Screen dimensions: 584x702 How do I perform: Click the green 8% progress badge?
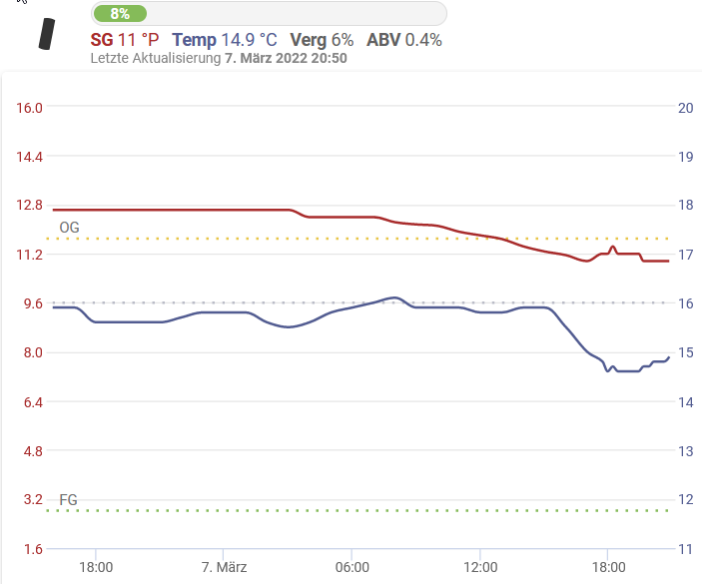click(x=120, y=14)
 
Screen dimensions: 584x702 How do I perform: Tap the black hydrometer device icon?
click(x=44, y=34)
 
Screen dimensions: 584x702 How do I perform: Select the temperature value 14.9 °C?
click(x=248, y=40)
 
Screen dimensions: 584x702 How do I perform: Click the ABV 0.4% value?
click(x=420, y=40)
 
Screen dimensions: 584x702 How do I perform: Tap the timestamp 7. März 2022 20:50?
click(x=286, y=59)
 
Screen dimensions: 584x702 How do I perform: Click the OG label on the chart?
click(x=69, y=228)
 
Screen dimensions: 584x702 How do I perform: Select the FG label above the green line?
click(x=69, y=499)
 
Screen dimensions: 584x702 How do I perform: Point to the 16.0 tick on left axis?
click(x=26, y=108)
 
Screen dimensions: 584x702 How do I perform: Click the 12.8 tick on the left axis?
click(x=26, y=206)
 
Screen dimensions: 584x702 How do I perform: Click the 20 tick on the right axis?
click(x=685, y=108)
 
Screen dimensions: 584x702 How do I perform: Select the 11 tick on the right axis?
click(x=685, y=549)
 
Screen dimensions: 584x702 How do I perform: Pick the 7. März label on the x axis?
click(x=224, y=567)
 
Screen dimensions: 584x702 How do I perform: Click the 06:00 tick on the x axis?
click(x=352, y=567)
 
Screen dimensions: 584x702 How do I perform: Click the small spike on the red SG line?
click(x=613, y=247)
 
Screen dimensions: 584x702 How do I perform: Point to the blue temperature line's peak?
click(x=396, y=297)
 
